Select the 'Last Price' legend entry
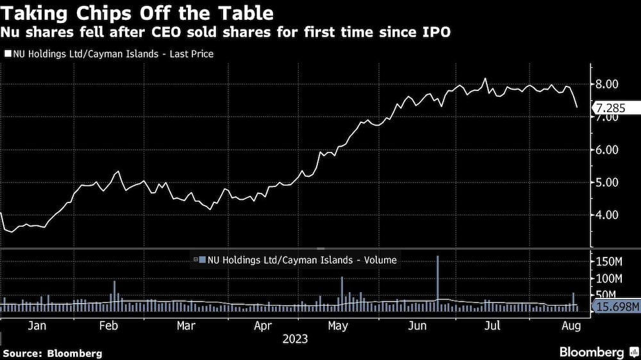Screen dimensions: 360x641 (109, 54)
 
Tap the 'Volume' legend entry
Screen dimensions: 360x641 (299, 260)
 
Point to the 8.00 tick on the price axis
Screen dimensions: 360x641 (606, 84)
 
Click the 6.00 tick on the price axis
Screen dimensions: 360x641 (606, 149)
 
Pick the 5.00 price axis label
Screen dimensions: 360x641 (606, 182)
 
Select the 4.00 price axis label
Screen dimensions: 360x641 (606, 215)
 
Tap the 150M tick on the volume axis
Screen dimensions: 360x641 (609, 262)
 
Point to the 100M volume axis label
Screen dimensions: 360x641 (609, 279)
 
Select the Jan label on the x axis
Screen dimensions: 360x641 (37, 326)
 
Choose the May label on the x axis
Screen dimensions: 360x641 (338, 326)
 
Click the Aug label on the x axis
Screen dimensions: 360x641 (571, 326)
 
